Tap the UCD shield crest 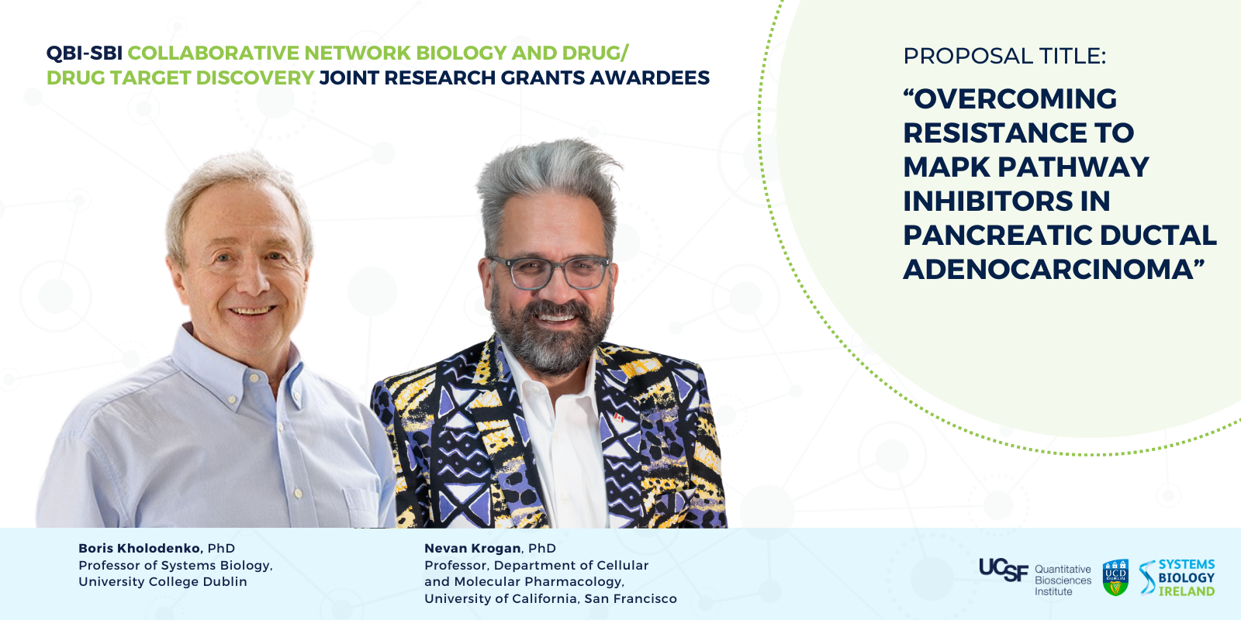click(1115, 577)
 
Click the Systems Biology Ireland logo click(1177, 577)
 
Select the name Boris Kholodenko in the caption click(140, 549)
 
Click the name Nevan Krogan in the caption click(472, 549)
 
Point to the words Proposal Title click(1004, 57)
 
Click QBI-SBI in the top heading click(85, 53)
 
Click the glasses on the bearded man click(549, 272)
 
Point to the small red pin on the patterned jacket click(619, 418)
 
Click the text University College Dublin click(163, 582)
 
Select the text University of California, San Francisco click(550, 599)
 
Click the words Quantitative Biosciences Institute click(1063, 580)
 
